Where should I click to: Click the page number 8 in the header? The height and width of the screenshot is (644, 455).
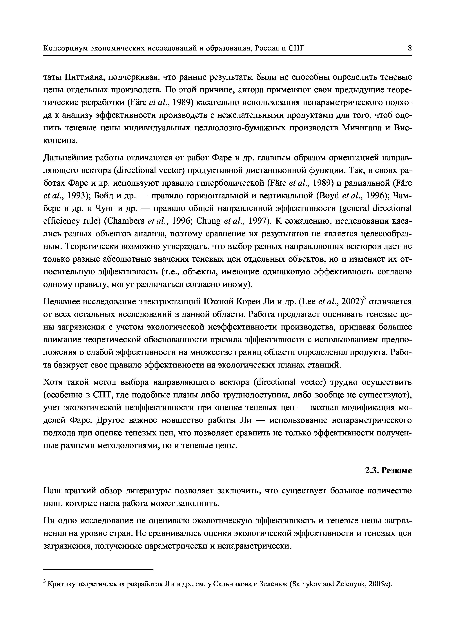410,48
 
